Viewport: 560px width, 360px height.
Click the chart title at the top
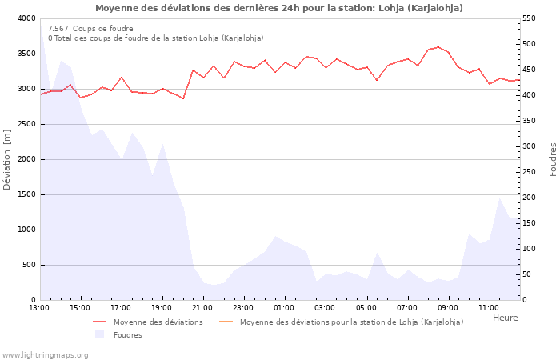coord(279,8)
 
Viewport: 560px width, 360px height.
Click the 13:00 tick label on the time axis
coord(39,307)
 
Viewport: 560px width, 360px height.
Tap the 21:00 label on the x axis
coord(202,307)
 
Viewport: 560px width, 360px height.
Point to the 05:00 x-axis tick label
coord(366,307)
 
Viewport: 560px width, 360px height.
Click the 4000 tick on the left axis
coord(26,18)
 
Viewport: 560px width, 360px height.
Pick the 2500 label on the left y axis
coord(26,124)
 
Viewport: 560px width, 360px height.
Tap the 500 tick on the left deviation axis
coord(29,265)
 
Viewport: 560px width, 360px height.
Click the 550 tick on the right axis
coord(530,18)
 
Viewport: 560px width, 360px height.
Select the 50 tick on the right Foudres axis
coord(528,274)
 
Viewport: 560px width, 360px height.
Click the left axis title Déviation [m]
coord(8,159)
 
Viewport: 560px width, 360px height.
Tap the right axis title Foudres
coord(553,159)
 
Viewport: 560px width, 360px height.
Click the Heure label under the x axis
coord(505,318)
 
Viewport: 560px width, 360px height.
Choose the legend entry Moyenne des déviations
coord(158,322)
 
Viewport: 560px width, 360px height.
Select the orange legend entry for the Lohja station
coord(351,322)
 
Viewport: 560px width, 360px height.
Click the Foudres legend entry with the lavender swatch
coord(127,335)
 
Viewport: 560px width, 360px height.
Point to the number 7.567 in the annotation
coord(58,29)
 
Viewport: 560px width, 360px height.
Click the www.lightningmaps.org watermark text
coord(45,355)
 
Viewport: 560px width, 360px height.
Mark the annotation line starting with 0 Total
coord(155,38)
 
